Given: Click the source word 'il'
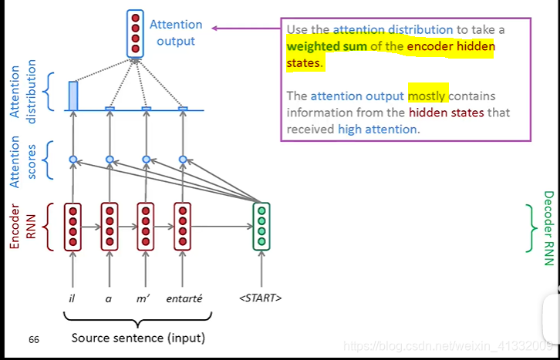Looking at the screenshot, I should click(x=72, y=298).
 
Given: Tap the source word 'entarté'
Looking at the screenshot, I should click(x=184, y=298).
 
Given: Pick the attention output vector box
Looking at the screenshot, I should click(x=136, y=33).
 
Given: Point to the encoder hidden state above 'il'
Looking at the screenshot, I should click(x=73, y=226).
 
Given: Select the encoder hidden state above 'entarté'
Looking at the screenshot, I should click(x=182, y=226).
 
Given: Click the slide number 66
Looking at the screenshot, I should click(x=34, y=339).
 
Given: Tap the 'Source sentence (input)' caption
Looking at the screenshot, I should click(x=138, y=338).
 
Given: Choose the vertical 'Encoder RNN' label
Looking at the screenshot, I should click(x=21, y=226).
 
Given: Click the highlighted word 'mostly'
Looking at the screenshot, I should click(x=427, y=96).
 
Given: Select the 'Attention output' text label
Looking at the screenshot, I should click(x=176, y=32).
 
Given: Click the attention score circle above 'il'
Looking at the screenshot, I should click(x=73, y=160).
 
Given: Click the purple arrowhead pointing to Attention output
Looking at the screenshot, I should click(x=217, y=29).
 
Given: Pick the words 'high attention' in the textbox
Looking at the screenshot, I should click(x=378, y=130).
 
